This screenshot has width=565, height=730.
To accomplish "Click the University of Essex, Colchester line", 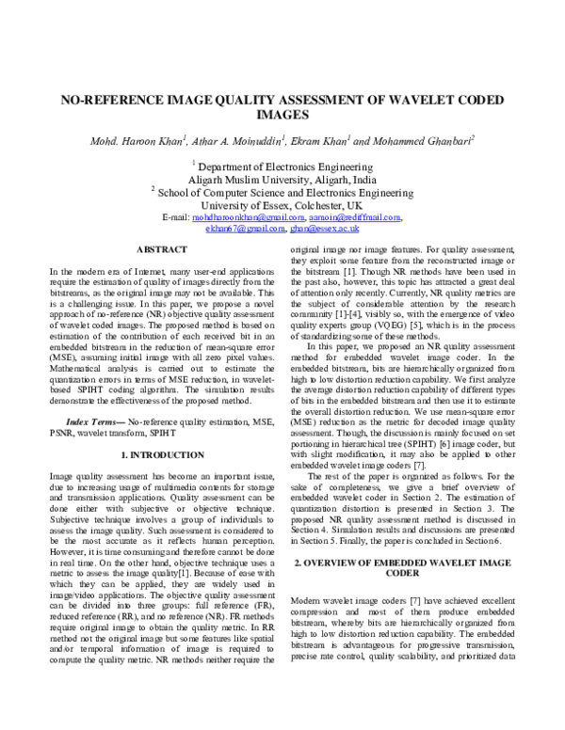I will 282,203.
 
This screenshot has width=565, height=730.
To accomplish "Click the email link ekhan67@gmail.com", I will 238,229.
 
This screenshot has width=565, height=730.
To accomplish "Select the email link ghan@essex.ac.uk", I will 326,229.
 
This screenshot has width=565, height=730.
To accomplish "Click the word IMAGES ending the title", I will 282,116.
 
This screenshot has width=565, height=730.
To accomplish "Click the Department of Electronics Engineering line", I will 282,163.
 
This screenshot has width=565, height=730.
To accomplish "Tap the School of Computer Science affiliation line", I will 282,190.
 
